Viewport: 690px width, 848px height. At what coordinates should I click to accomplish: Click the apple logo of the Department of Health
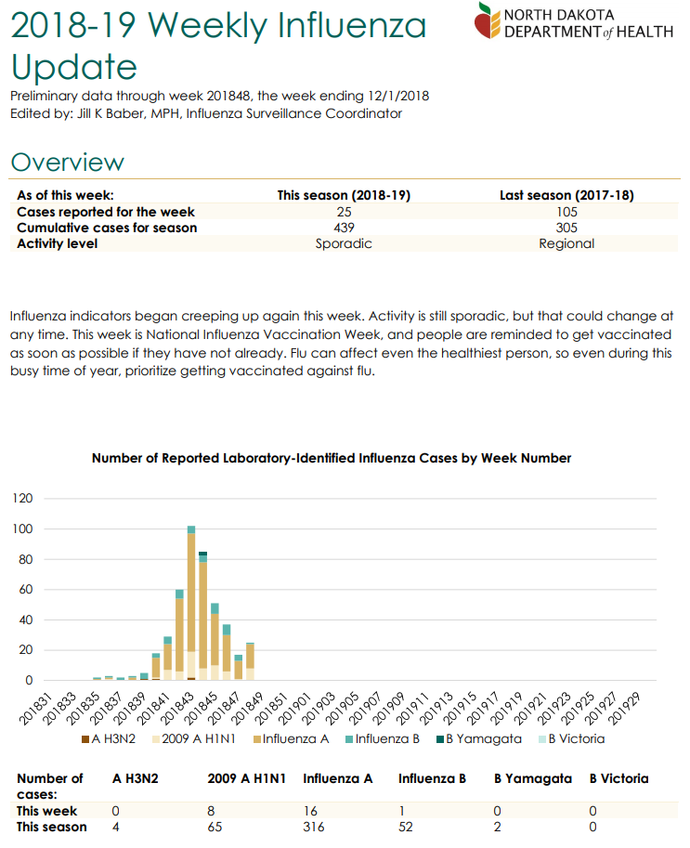pos(488,21)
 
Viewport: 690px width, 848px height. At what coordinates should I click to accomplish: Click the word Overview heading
pos(67,163)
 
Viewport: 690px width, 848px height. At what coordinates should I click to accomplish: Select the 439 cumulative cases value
pos(344,228)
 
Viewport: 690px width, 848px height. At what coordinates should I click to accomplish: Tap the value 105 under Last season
pos(566,212)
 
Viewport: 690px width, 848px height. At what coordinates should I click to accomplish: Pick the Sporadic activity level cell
pos(344,243)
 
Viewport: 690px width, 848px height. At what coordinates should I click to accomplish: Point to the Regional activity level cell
pos(566,243)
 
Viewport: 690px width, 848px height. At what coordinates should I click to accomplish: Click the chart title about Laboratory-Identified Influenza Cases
pos(331,458)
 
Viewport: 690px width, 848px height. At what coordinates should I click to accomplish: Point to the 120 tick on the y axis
pos(22,498)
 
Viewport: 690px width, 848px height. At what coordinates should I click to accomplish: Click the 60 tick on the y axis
pos(25,589)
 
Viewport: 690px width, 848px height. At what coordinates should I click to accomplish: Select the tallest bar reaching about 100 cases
pos(191,603)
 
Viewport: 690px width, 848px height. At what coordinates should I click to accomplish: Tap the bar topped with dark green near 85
pos(202,616)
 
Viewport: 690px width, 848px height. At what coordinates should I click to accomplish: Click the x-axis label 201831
pos(35,709)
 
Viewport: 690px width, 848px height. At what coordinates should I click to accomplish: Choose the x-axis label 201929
pos(624,709)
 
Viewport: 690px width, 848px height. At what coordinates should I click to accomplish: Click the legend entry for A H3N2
pos(108,738)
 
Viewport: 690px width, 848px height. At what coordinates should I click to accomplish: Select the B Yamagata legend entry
pos(479,738)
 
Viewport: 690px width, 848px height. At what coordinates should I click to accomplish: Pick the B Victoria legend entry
pos(571,738)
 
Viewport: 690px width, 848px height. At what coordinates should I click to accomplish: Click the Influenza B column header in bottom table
pos(432,778)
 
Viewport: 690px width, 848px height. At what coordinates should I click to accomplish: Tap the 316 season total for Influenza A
pos(314,827)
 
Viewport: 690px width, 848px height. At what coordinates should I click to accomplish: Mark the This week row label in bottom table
pos(47,811)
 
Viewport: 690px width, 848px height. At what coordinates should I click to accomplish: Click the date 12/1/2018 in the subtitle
pos(398,96)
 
